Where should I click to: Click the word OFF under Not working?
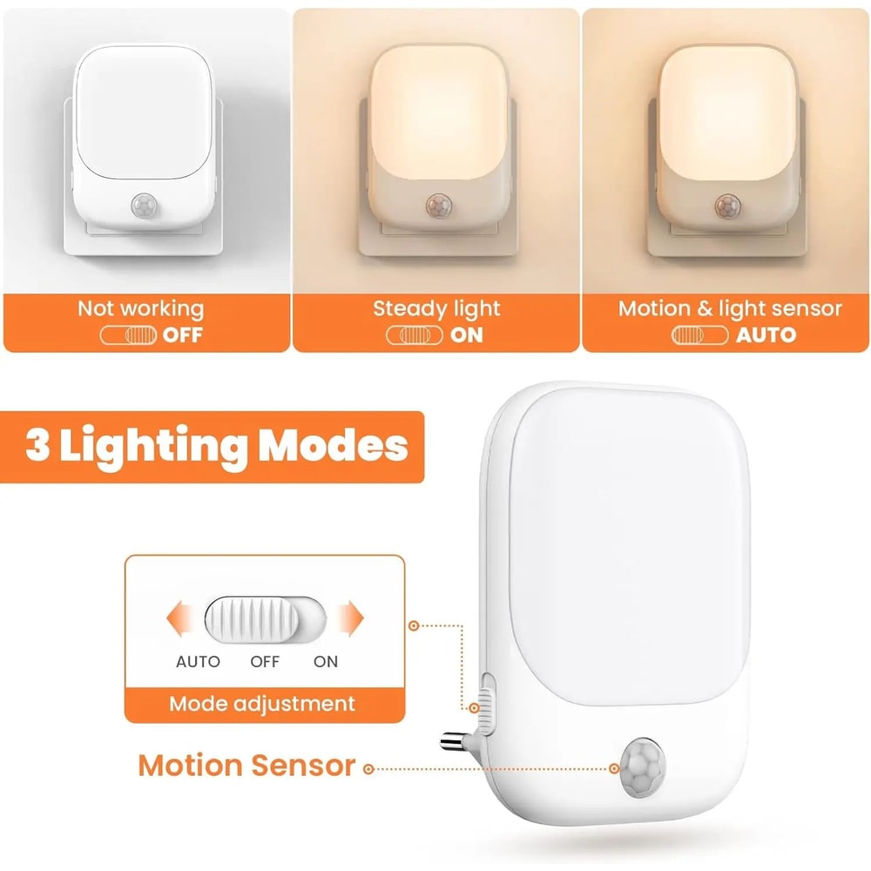pyautogui.click(x=183, y=334)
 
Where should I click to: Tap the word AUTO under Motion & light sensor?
pyautogui.click(x=766, y=334)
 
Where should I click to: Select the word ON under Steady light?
pyautogui.click(x=467, y=334)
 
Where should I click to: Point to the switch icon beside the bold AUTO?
pyautogui.click(x=699, y=334)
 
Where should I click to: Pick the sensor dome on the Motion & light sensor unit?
pyautogui.click(x=726, y=206)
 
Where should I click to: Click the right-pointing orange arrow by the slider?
pyautogui.click(x=350, y=619)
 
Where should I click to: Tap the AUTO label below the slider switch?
pyautogui.click(x=198, y=661)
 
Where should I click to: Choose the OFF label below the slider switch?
pyautogui.click(x=265, y=661)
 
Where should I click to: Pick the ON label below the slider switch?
pyautogui.click(x=326, y=661)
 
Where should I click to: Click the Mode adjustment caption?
pyautogui.click(x=262, y=704)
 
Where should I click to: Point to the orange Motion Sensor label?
pyautogui.click(x=247, y=766)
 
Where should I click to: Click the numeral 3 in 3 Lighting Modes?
pyautogui.click(x=37, y=446)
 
